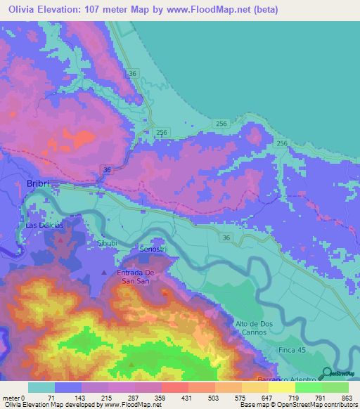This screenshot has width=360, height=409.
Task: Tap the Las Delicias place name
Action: (44, 225)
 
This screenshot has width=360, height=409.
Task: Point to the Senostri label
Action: (154, 249)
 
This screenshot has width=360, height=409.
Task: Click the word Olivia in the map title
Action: (26, 10)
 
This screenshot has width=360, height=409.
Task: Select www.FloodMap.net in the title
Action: (211, 10)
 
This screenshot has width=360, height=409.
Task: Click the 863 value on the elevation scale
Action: (347, 398)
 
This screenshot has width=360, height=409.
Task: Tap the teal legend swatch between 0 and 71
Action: (41, 387)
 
